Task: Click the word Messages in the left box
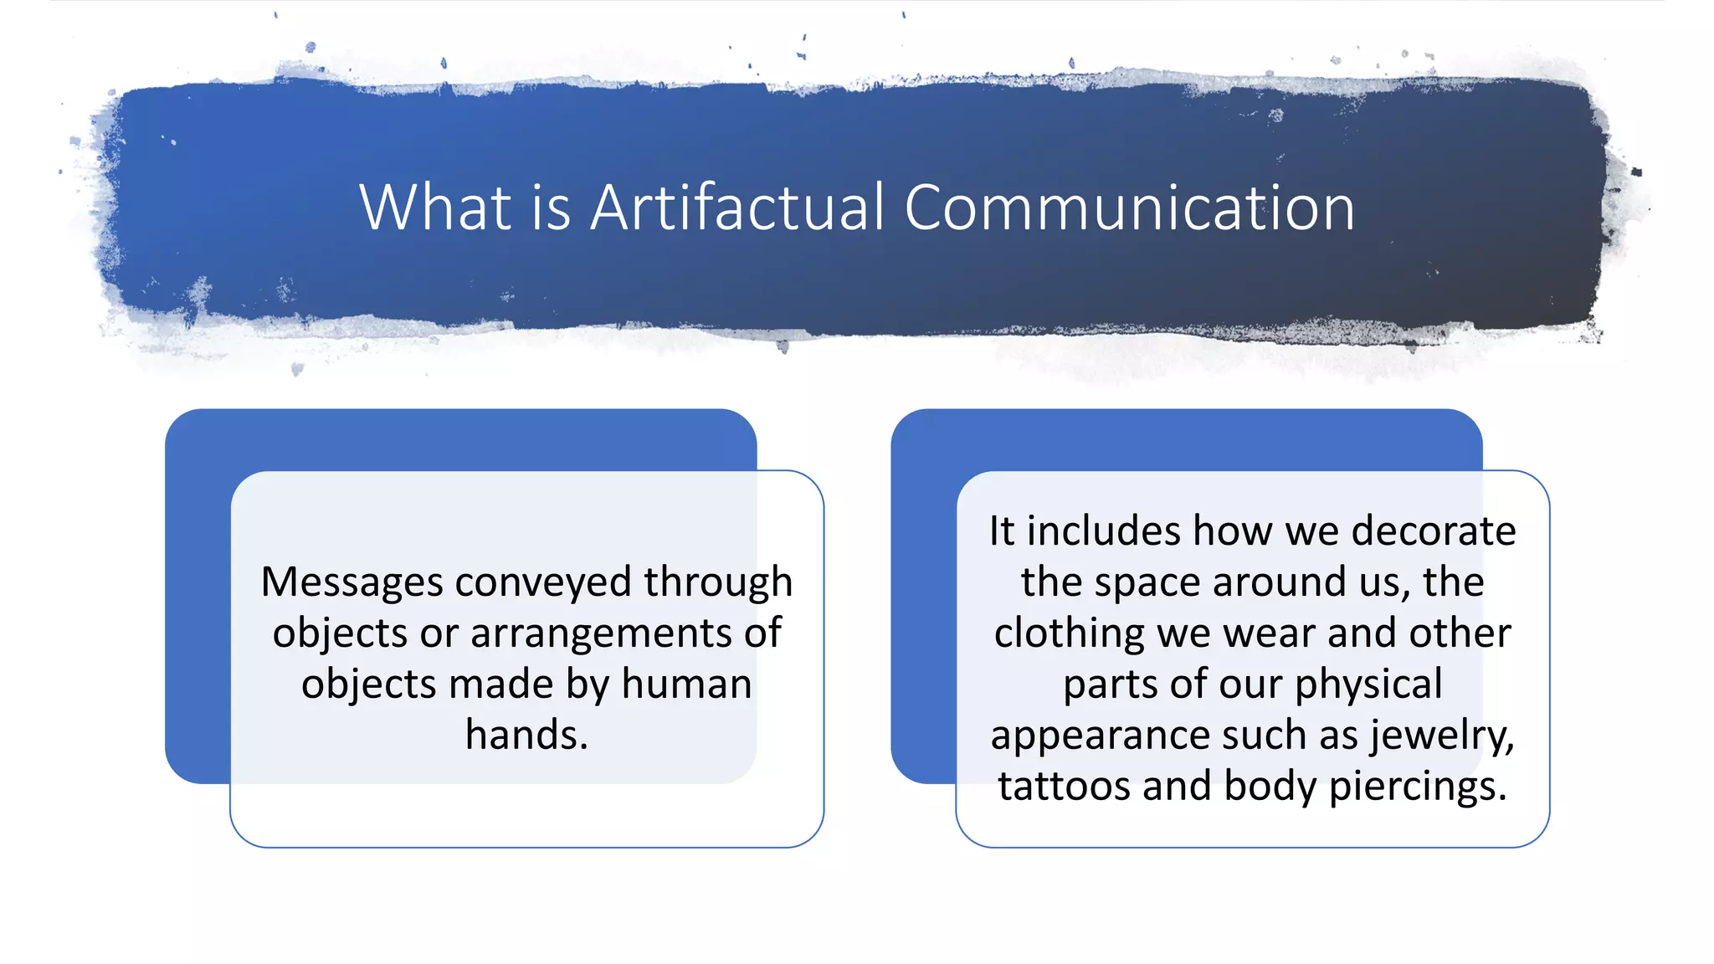(351, 582)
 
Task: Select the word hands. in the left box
(526, 735)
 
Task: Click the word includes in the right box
(1104, 531)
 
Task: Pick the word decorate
(1433, 531)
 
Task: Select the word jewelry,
(1442, 735)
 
